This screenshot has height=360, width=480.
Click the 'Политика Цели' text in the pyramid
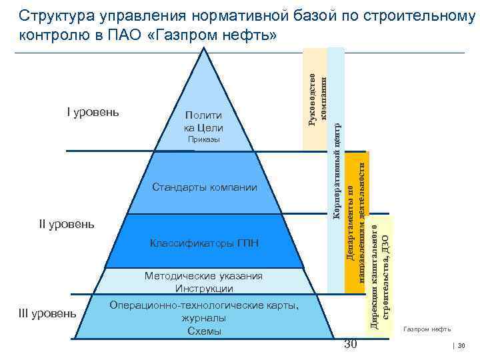pos(203,122)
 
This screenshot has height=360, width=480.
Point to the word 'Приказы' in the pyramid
pos(203,140)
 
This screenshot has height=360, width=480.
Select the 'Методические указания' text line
pos(204,276)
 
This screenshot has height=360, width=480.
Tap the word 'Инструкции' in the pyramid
pos(204,289)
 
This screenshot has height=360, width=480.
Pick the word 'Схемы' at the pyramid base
pos(204,331)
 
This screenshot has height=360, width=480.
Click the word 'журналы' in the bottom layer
pos(204,319)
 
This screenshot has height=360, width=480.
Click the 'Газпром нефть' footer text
pos(427,329)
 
